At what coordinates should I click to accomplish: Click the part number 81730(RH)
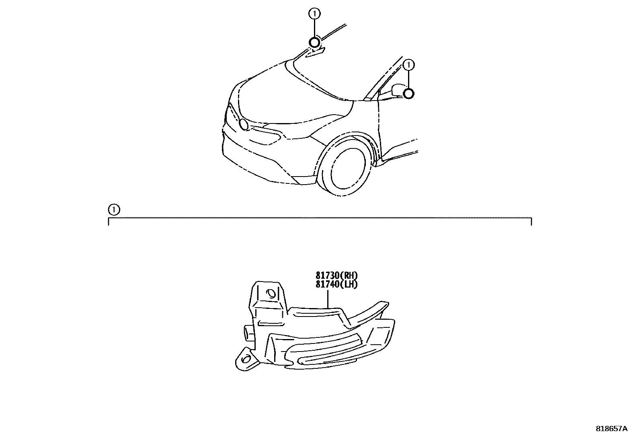click(336, 275)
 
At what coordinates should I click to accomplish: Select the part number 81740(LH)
click(336, 284)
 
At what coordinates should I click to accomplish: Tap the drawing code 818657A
click(611, 429)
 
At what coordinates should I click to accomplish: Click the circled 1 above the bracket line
click(114, 209)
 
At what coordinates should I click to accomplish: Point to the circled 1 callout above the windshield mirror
click(314, 14)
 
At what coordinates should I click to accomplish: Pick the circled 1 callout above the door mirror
click(409, 64)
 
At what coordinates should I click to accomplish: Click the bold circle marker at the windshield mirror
click(314, 42)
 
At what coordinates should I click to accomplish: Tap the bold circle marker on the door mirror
click(408, 94)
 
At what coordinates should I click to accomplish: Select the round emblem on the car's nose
click(243, 124)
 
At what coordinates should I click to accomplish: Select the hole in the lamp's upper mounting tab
click(271, 294)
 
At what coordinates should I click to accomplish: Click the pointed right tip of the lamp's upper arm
click(386, 302)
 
